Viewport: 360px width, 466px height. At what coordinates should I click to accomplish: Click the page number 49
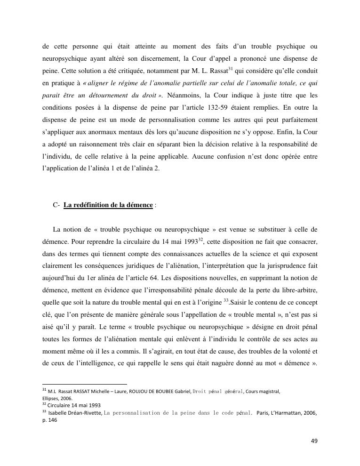314,441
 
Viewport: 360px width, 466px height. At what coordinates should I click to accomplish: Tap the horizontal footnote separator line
85,384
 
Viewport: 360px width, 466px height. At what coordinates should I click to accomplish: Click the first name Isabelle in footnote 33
57,413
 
